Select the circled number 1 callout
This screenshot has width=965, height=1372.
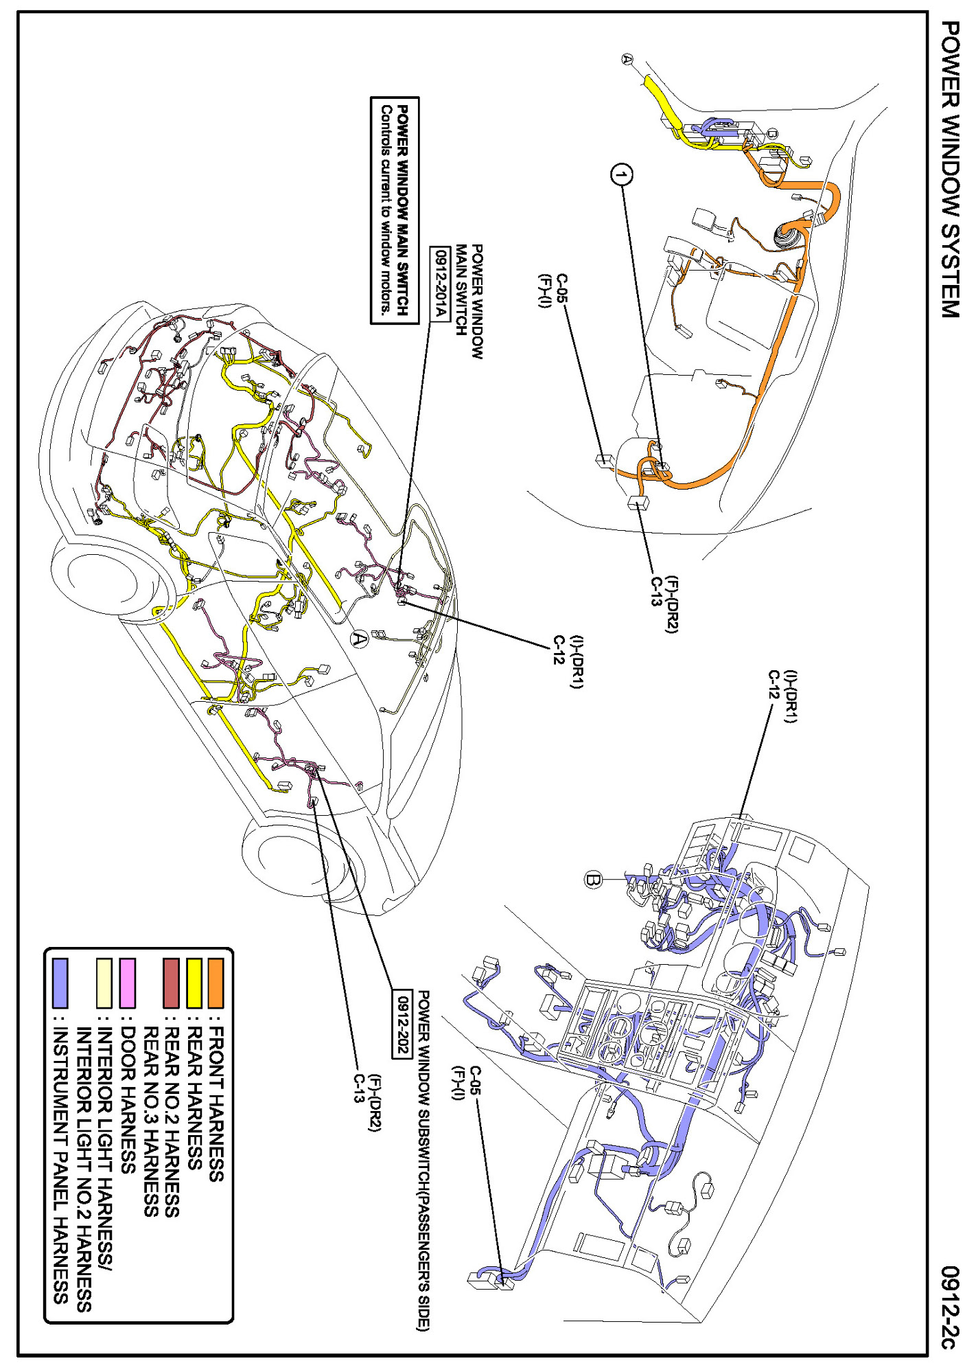point(621,176)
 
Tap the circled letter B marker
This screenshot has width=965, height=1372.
point(593,879)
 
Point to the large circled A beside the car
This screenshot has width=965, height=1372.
point(359,640)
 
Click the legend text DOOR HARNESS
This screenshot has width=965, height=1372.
point(128,1099)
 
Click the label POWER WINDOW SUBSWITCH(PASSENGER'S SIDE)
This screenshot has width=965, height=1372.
point(423,1161)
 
